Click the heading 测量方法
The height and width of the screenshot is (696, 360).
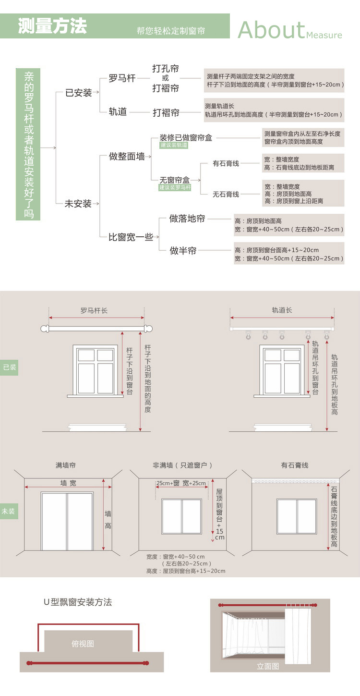pos(53,26)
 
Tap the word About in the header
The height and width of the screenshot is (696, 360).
pos(271,30)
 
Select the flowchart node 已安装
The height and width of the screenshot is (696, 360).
pos(79,93)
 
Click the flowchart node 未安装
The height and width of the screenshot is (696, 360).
pos(78,204)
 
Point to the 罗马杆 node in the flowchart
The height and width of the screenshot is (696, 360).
pos(122,78)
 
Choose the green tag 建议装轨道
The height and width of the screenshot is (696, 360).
pos(174,145)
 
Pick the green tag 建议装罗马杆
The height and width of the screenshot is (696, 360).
pos(175,187)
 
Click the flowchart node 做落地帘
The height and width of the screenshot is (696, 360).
pos(187,219)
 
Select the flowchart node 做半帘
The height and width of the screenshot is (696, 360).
pos(183,251)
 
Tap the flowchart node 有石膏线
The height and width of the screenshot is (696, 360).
pos(226,164)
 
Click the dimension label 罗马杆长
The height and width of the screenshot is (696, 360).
pos(94,311)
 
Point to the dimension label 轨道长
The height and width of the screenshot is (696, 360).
pos(282,310)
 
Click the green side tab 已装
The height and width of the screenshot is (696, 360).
pos(9,367)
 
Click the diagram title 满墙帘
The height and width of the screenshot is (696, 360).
pos(65,465)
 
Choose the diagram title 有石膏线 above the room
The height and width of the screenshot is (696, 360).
pos(295,465)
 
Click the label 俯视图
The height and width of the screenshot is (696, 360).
pos(83,644)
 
